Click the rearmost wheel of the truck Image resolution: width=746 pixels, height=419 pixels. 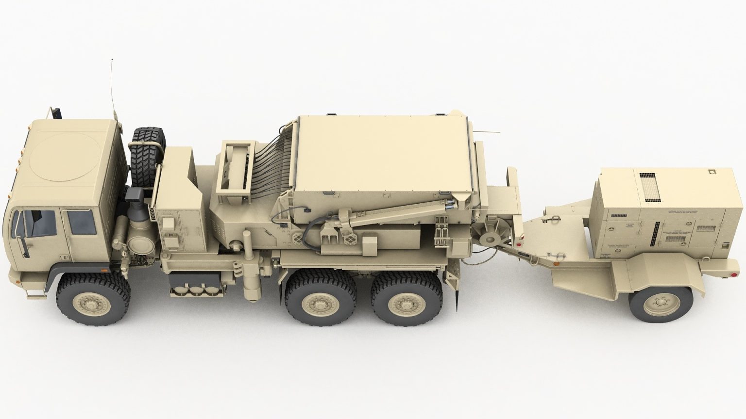pos(407,304)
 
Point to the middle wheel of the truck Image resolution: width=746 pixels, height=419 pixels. pos(320,304)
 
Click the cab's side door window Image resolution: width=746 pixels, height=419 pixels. pos(81,222)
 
